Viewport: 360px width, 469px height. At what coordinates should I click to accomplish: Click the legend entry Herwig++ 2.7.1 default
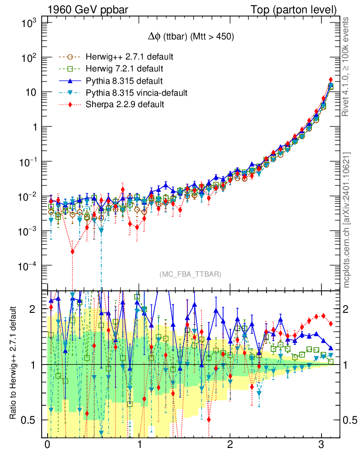pos(129,57)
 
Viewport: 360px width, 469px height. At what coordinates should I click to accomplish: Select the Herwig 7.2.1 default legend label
pos(125,69)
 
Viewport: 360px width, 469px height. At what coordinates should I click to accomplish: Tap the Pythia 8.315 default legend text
pos(124,81)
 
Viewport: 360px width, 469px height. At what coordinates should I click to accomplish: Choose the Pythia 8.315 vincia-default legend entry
pos(136,93)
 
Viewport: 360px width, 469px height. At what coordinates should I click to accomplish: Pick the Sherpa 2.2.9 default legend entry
pos(125,105)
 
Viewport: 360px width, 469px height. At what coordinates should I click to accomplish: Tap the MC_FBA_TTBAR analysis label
pos(191,274)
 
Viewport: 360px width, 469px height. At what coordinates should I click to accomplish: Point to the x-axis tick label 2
pos(230,445)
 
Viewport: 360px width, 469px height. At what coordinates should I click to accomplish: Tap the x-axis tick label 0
pos(47,445)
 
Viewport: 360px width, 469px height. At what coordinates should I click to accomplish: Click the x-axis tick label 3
pos(322,445)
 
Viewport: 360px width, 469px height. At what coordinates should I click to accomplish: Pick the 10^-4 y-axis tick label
pos(27,266)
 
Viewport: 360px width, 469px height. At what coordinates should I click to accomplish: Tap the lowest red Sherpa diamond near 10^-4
pos(72,251)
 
